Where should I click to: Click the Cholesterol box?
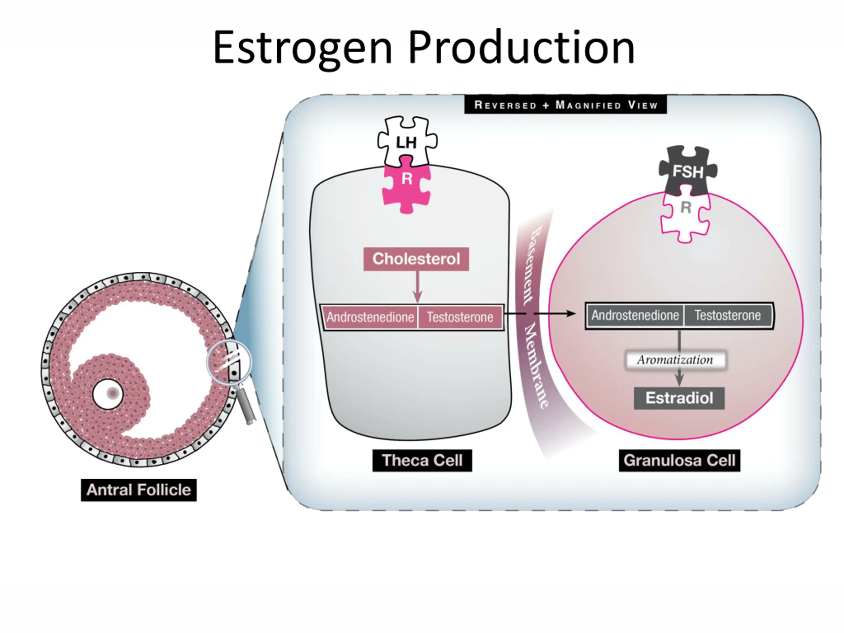tap(416, 259)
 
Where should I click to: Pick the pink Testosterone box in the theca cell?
tap(460, 317)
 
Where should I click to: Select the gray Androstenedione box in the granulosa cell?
tap(635, 315)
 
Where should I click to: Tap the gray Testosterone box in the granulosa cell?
tap(727, 315)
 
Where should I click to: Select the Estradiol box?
tap(679, 398)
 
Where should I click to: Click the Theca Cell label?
tap(422, 460)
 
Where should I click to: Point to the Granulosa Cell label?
tap(679, 460)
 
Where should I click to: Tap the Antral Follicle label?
tap(138, 490)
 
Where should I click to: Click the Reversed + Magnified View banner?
tap(565, 105)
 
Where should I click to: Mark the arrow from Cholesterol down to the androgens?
tap(417, 287)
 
